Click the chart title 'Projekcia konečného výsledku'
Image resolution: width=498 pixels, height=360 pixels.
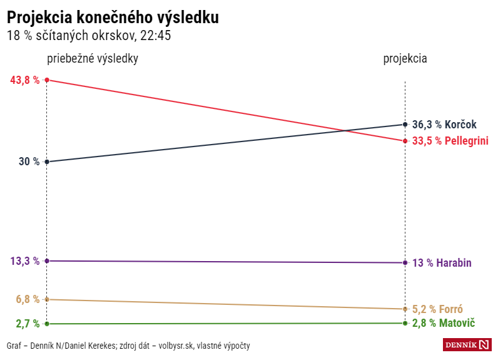(113, 18)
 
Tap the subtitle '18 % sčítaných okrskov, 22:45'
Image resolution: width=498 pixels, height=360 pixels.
(89, 36)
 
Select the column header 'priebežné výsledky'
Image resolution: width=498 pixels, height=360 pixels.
(93, 58)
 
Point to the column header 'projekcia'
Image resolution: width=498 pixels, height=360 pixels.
(405, 58)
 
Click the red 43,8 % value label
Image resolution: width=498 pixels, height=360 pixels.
(25, 80)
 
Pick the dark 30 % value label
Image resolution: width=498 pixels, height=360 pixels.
(29, 162)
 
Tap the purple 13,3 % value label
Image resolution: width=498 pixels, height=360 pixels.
(25, 261)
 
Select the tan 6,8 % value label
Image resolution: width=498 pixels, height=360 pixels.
(28, 299)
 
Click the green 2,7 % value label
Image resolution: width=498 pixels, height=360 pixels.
(27, 324)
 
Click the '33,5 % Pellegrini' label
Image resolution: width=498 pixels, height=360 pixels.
(450, 141)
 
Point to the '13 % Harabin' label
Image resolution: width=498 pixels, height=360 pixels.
(442, 263)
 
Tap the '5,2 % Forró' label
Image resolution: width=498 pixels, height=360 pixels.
(437, 309)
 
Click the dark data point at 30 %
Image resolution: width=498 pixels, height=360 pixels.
(47, 162)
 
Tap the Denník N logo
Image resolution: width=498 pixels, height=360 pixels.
(467, 344)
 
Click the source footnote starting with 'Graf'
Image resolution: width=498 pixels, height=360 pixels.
(128, 346)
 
